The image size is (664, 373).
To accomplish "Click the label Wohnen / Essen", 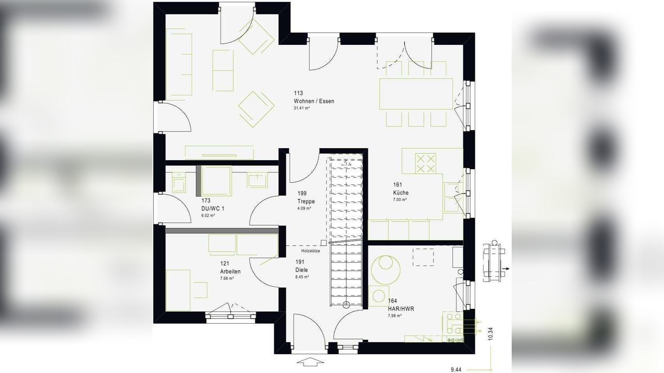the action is [314, 101].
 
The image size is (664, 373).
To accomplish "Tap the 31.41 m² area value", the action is [302, 109].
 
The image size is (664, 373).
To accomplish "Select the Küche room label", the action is [401, 193].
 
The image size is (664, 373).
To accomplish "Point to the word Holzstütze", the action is [310, 251].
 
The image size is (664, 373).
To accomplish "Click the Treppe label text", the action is [306, 202].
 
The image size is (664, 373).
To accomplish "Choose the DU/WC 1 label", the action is [213, 209].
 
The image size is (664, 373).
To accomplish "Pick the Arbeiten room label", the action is [230, 272].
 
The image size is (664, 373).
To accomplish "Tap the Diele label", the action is [301, 270].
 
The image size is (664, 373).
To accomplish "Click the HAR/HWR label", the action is [401, 309].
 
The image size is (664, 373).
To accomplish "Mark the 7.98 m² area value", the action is [395, 316].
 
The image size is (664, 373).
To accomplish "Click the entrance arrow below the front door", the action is [310, 362].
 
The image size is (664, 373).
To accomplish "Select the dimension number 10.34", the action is [490, 334].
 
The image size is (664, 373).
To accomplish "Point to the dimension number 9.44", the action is [456, 369].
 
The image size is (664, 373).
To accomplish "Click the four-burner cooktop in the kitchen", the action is [425, 163].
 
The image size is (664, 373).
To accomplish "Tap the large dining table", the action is [416, 94].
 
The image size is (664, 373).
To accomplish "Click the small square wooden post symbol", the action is [323, 243].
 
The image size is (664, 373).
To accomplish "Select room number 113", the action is [298, 93].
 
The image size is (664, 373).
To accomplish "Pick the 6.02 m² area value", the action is [208, 216].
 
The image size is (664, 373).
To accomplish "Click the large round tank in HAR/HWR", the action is [385, 270].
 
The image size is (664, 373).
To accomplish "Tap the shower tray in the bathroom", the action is [217, 181].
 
